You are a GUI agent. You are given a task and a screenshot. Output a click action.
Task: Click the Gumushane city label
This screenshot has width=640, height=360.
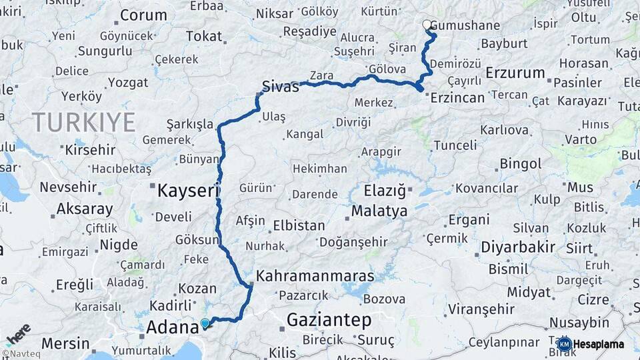(x=465, y=26)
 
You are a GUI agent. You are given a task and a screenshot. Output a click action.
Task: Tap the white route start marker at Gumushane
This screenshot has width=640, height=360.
(x=427, y=25)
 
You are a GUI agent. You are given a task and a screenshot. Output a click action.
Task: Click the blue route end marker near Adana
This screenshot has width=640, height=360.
(x=205, y=323)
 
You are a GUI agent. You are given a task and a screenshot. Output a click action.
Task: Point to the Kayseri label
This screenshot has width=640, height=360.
(x=188, y=191)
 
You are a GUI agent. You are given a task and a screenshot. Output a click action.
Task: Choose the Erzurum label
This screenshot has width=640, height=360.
(x=515, y=72)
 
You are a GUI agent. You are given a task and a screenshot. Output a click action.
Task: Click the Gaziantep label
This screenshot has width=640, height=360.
(x=329, y=321)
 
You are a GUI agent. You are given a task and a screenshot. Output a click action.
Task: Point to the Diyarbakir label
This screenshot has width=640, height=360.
(x=517, y=247)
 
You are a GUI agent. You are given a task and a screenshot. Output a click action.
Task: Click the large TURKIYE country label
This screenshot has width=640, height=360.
(x=83, y=122)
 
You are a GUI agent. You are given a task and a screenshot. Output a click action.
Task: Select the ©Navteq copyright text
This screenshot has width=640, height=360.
(x=20, y=355)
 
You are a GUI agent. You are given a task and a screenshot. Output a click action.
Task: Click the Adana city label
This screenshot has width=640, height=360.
(x=172, y=327)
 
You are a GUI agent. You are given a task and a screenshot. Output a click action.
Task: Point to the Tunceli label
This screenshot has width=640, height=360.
(x=455, y=145)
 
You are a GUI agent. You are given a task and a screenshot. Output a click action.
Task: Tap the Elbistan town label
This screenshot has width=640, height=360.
(x=299, y=225)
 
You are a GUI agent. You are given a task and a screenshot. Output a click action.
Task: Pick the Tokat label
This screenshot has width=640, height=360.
(x=204, y=37)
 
